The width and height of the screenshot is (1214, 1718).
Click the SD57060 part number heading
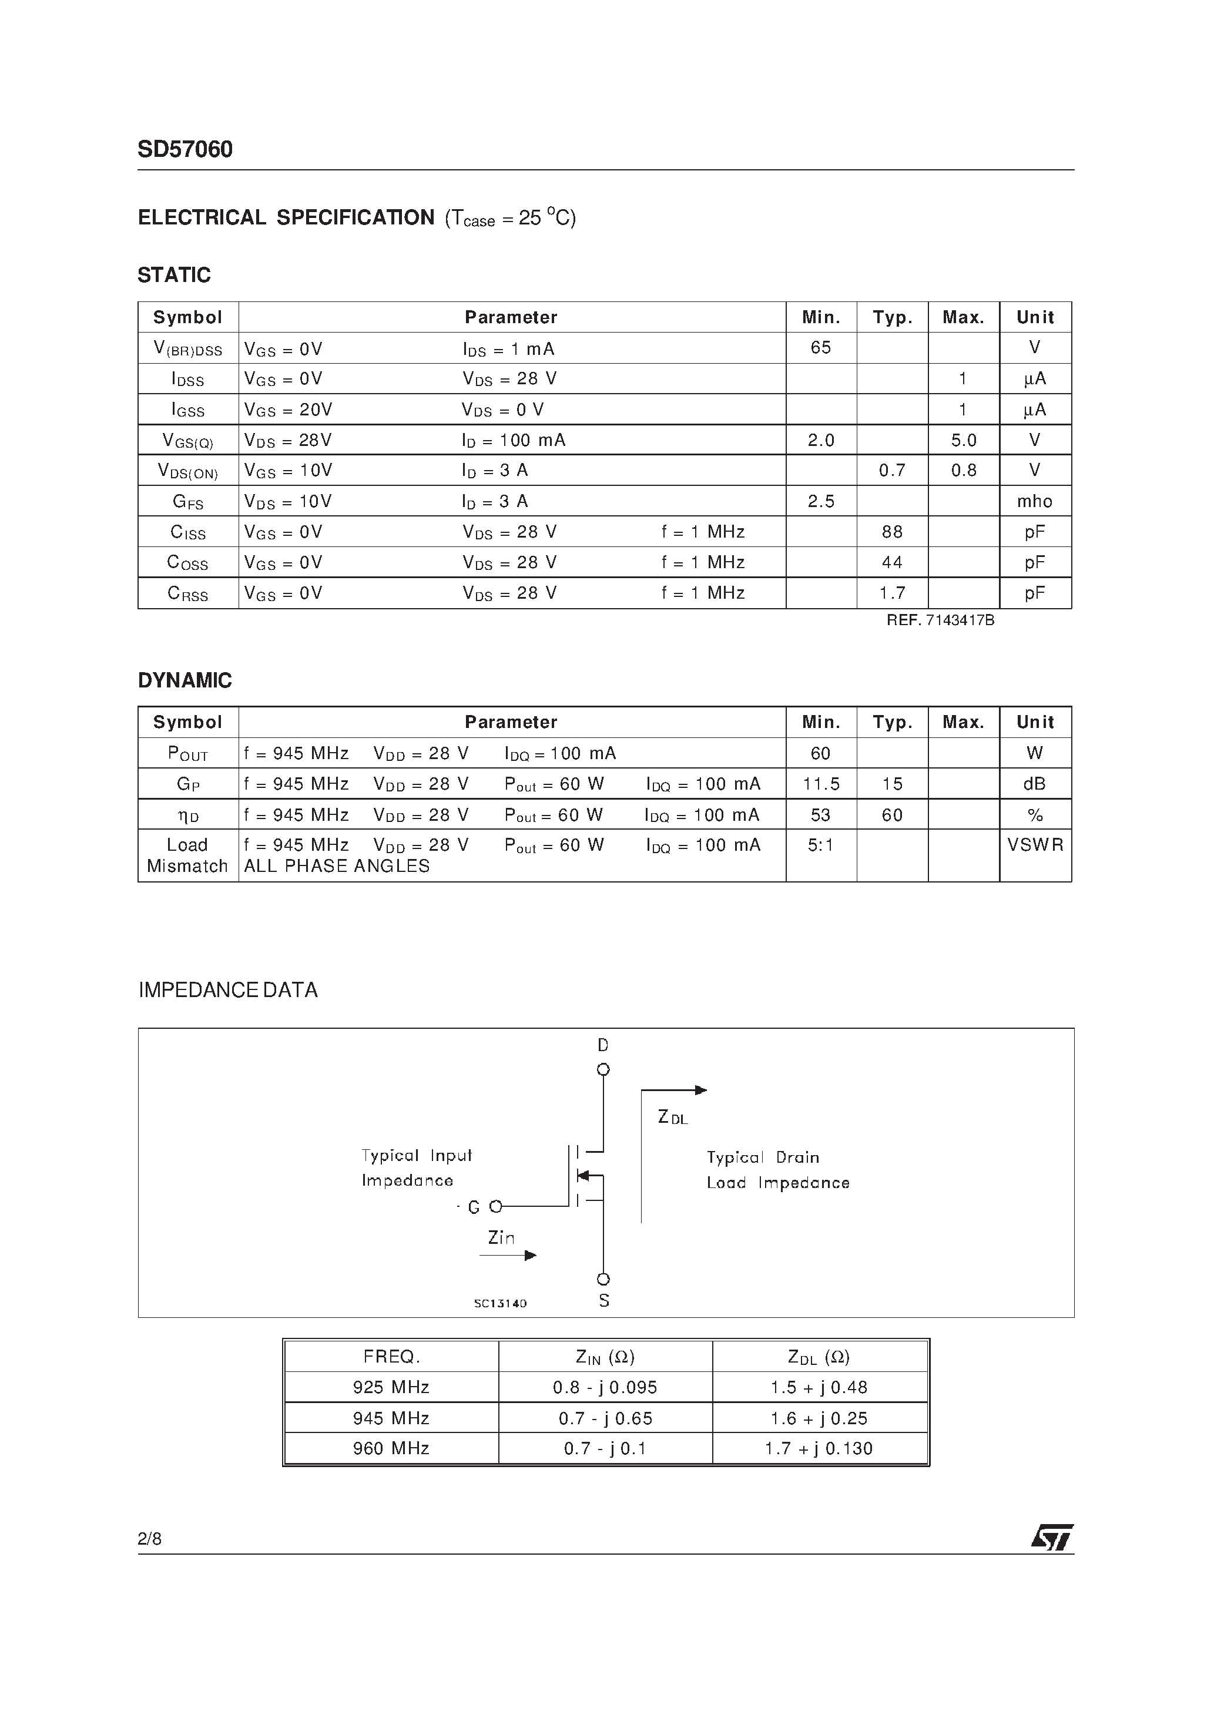[185, 150]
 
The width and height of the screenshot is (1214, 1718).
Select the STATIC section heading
[174, 276]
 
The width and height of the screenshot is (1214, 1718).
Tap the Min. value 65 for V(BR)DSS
[820, 348]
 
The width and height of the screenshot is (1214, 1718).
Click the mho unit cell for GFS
[1034, 501]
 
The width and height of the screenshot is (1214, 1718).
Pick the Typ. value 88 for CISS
[891, 532]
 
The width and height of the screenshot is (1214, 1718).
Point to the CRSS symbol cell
[187, 593]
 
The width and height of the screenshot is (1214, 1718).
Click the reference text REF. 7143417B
[940, 620]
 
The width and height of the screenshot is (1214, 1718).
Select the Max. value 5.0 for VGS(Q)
[963, 441]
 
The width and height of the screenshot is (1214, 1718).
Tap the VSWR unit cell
[1034, 845]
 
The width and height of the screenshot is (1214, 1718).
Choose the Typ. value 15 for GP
[891, 784]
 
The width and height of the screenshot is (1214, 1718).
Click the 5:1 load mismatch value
[820, 845]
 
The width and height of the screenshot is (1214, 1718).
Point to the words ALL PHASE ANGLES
[337, 867]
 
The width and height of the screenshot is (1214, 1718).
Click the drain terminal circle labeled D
[603, 1070]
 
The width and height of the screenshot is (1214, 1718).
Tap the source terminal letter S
[604, 1301]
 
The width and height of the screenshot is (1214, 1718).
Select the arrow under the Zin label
[508, 1256]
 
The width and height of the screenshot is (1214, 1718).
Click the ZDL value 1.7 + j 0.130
[819, 1449]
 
